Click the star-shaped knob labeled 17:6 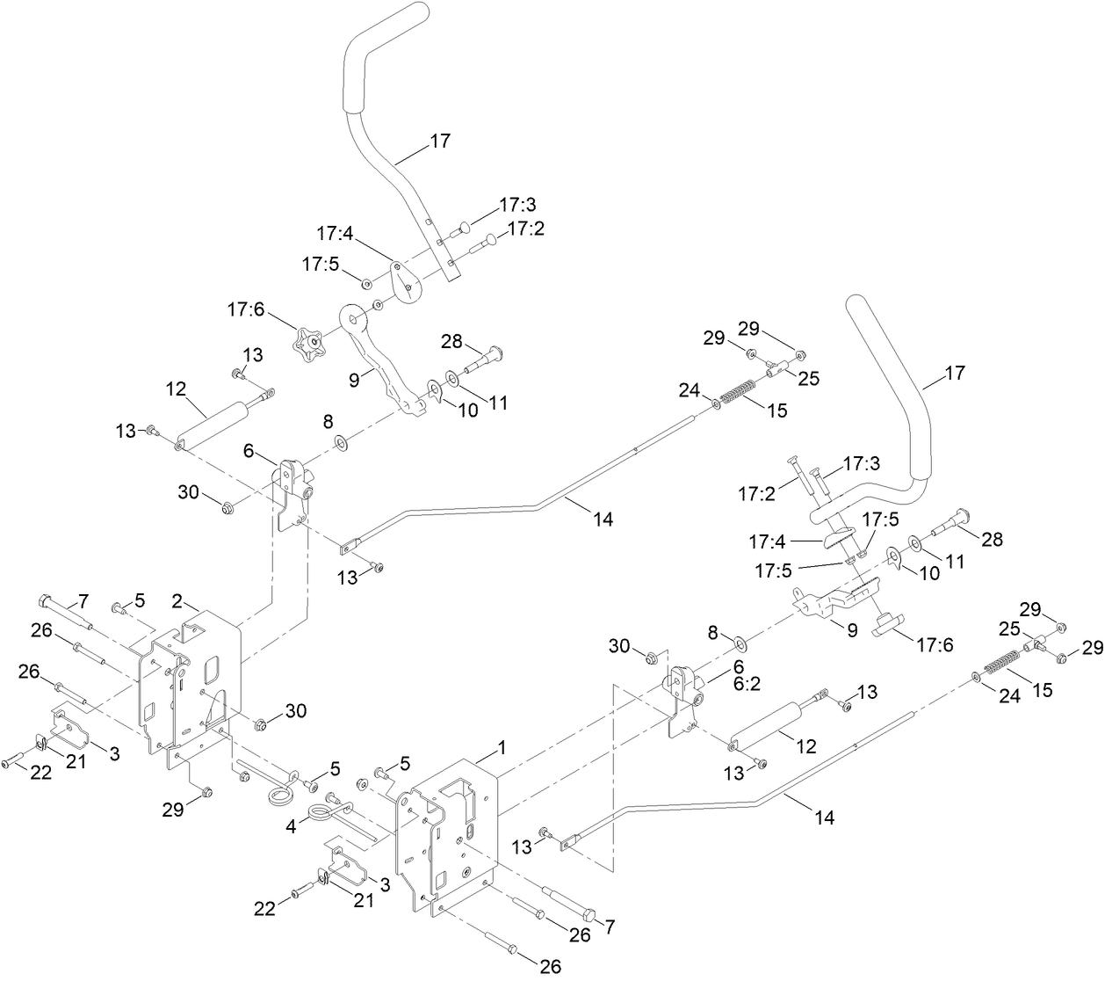[x=309, y=340]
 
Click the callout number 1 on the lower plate [x=502, y=747]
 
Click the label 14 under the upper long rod [x=602, y=520]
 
